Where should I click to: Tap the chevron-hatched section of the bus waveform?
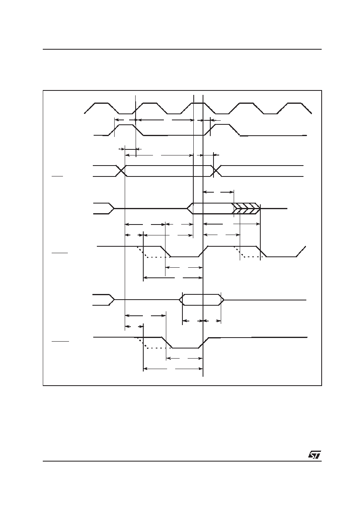point(246,208)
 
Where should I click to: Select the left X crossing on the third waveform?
point(121,171)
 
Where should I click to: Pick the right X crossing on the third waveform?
point(216,171)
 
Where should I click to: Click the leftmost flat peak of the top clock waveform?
point(101,103)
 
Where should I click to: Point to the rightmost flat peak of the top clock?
point(295,103)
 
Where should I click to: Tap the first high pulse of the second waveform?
point(126,130)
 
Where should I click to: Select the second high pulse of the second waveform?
point(222,130)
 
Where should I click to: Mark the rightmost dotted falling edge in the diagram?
point(239,252)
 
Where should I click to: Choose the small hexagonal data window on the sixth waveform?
point(202,300)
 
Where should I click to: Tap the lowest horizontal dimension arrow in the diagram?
point(173,369)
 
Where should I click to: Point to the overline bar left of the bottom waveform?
point(60,341)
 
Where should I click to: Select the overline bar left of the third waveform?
point(57,176)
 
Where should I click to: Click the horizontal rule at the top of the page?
point(182,49)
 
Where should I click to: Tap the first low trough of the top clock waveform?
point(126,113)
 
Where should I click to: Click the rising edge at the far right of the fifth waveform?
point(301,251)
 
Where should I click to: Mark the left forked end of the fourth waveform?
point(104,208)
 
